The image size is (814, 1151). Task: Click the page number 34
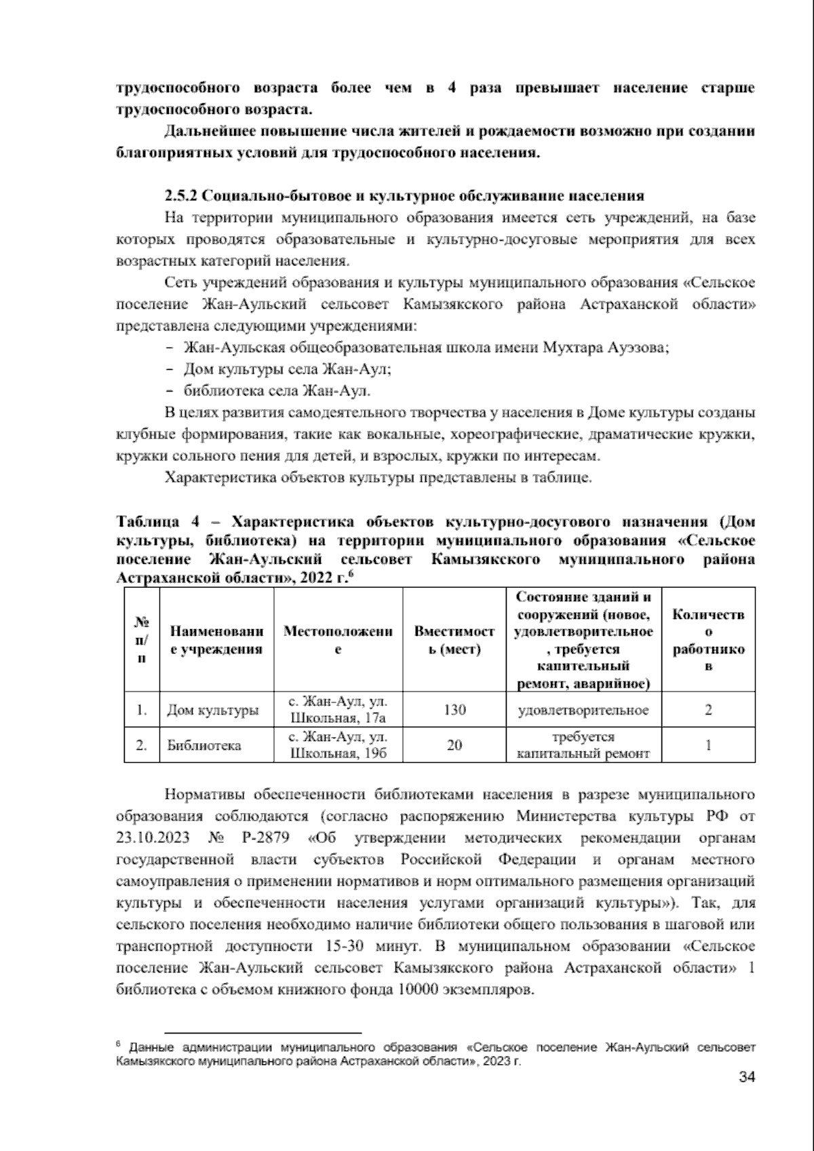coord(746,1077)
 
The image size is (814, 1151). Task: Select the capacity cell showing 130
coord(454,710)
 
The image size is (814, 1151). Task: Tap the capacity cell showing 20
coord(454,744)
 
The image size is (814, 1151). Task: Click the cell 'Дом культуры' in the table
coord(213,711)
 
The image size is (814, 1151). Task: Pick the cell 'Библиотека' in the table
coord(204,745)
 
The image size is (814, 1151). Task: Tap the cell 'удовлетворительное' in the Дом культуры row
coord(583,711)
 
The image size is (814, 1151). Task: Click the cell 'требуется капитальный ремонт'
coord(583,744)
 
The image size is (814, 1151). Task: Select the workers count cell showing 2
coord(708,710)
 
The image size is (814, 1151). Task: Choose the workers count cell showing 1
coord(708,744)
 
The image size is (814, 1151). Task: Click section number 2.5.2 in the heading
coord(180,197)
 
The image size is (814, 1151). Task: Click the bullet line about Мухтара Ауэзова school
coord(426,347)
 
